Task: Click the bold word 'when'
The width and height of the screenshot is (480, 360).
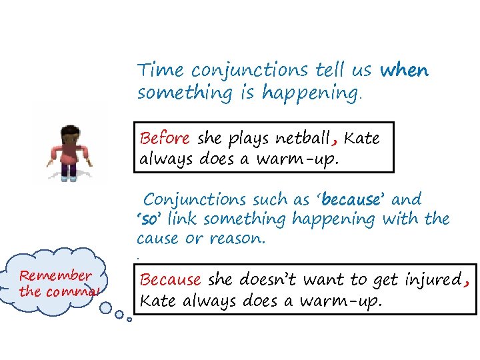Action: [404, 71]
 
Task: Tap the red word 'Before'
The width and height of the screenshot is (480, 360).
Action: [165, 139]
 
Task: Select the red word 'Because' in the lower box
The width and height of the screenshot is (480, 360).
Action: [170, 280]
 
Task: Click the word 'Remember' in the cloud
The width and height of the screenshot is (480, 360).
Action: [55, 275]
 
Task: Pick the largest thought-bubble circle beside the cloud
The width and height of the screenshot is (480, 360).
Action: [105, 307]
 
